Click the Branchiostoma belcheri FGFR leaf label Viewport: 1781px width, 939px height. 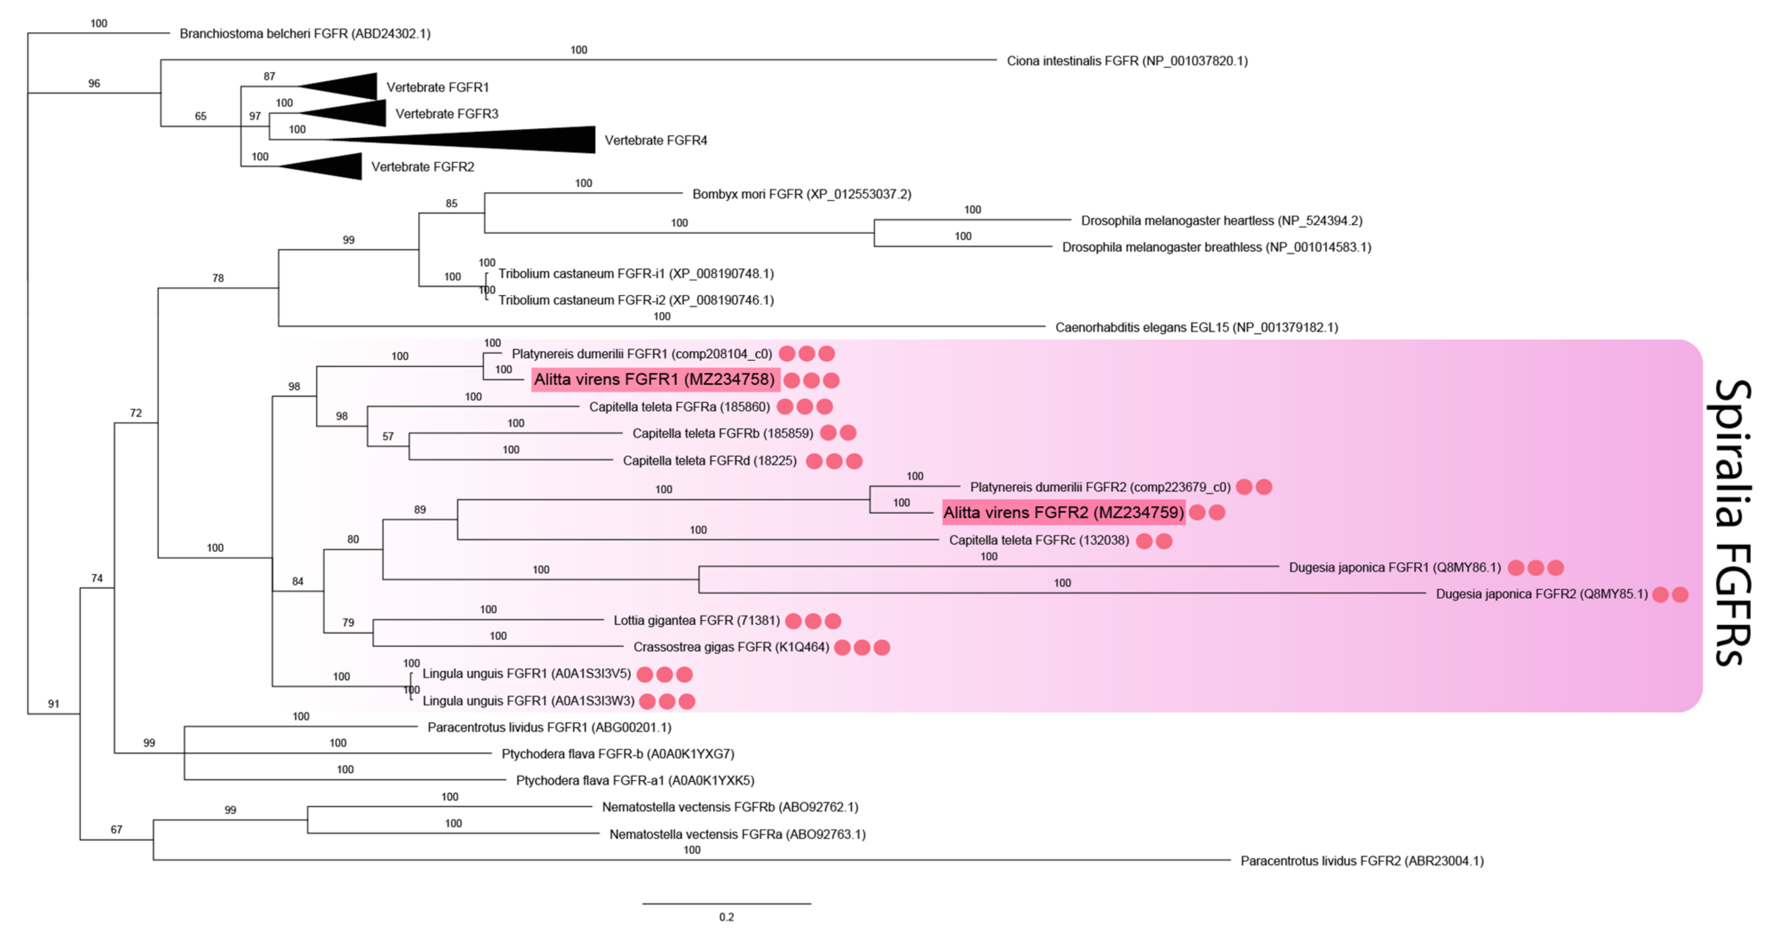click(305, 34)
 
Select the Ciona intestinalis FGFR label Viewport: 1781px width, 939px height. click(1127, 61)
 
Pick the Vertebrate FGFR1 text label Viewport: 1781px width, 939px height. click(438, 87)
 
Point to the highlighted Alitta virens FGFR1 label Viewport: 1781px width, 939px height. click(655, 380)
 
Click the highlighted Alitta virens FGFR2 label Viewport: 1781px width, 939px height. click(1063, 512)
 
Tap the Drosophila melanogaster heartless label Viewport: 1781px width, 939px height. click(1221, 220)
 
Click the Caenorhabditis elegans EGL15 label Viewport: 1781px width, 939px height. click(1196, 327)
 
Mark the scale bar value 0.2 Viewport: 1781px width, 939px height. click(727, 917)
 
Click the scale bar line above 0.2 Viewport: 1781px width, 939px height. click(727, 903)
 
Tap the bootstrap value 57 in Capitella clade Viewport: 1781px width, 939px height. click(388, 436)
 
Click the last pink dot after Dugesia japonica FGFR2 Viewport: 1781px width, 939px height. click(1680, 594)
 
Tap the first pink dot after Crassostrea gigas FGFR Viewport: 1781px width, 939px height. click(842, 647)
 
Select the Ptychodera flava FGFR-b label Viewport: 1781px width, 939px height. click(618, 754)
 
